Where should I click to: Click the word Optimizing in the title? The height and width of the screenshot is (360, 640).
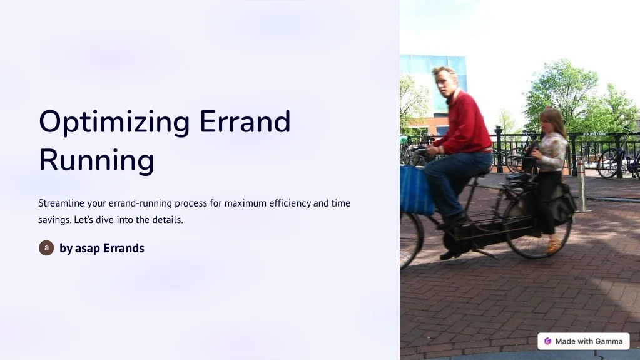click(113, 121)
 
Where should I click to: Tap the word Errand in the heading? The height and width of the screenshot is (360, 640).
click(245, 121)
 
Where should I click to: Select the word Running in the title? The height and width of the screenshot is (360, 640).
click(96, 160)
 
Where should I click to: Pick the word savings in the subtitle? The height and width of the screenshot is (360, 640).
click(54, 220)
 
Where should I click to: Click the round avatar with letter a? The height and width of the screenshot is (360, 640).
click(46, 248)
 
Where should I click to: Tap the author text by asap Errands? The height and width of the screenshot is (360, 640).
click(102, 249)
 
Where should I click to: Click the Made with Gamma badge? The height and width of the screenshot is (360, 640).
click(583, 341)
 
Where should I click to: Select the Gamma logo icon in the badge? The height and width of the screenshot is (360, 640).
click(548, 341)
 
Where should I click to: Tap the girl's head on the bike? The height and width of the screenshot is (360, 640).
click(551, 120)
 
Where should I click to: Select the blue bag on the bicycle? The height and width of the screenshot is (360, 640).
click(416, 190)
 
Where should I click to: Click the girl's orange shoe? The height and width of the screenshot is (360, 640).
click(553, 246)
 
